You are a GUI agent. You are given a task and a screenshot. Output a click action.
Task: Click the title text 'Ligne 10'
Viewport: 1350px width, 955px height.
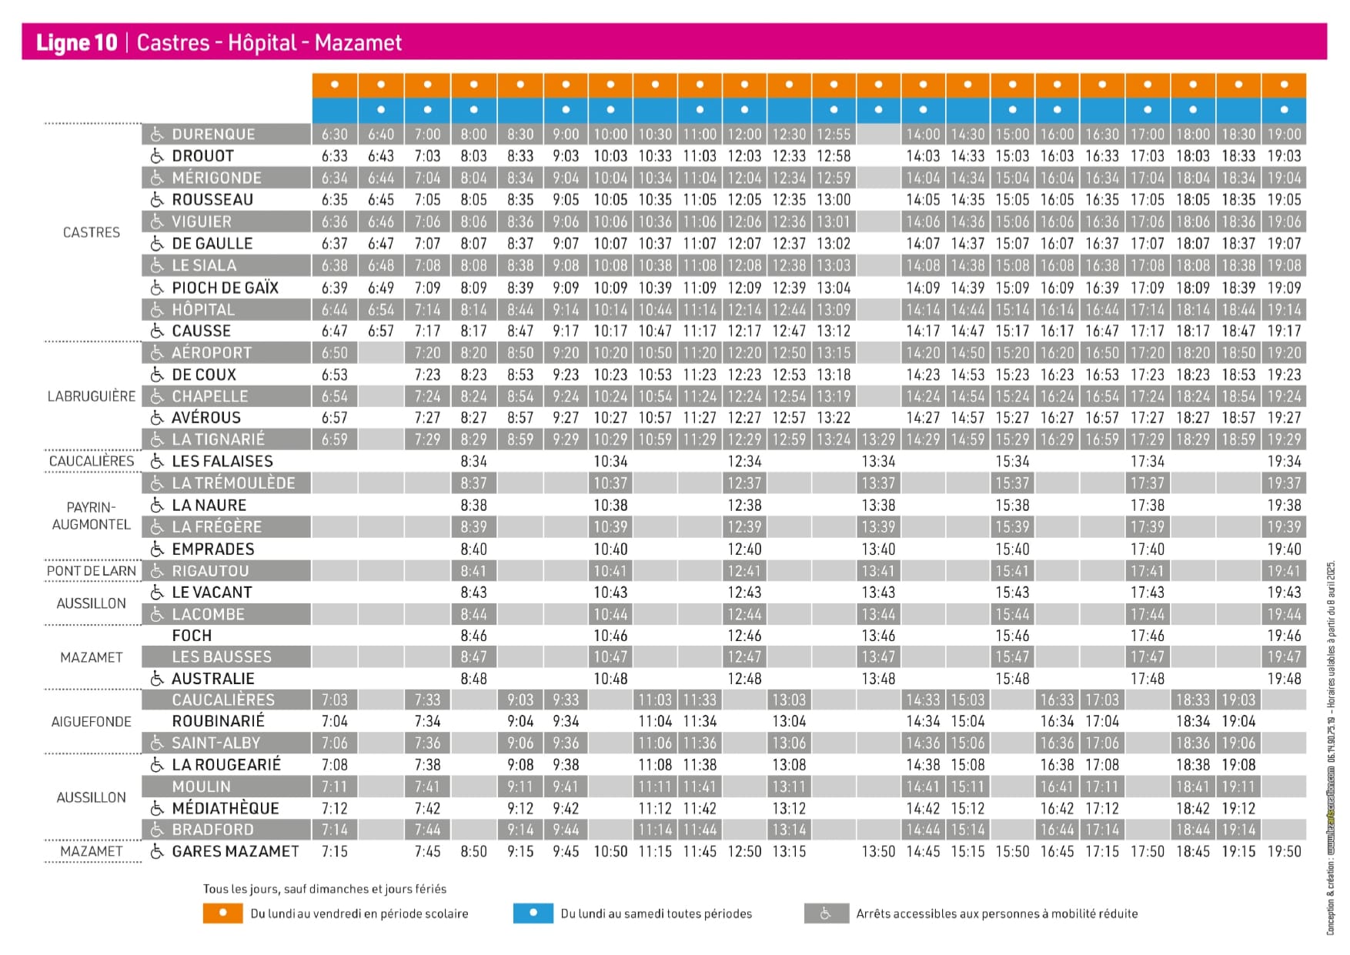point(76,42)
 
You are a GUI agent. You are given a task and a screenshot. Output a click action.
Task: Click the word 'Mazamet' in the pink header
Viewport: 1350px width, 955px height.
point(358,42)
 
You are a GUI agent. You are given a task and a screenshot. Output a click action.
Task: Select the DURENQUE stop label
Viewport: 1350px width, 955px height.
point(213,134)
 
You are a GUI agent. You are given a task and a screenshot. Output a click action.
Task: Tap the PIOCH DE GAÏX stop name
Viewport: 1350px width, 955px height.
point(225,288)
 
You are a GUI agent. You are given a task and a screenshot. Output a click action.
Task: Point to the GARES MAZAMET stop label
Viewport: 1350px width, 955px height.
point(235,851)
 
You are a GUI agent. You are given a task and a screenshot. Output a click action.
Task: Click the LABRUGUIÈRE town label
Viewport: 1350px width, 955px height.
point(91,396)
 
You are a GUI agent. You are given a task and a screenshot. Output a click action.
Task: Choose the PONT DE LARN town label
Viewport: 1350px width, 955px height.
point(91,571)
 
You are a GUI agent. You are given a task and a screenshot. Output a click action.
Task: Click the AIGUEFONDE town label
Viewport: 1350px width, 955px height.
point(91,722)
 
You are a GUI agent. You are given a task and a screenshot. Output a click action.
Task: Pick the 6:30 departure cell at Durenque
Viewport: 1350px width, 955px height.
point(335,134)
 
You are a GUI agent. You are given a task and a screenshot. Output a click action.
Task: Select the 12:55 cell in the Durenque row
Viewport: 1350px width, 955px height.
point(834,134)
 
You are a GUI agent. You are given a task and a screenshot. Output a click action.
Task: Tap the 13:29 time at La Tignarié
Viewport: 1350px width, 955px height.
point(878,439)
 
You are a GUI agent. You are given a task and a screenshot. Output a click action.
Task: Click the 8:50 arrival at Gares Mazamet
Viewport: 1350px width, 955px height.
point(473,852)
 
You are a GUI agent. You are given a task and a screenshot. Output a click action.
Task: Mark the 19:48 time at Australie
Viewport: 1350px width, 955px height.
point(1284,679)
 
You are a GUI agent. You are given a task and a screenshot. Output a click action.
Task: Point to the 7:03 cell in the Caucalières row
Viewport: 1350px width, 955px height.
point(335,700)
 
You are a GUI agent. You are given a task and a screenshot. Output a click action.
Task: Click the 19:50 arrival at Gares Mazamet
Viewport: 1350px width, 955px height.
point(1284,852)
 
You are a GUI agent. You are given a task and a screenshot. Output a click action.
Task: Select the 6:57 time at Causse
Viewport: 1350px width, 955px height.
point(381,331)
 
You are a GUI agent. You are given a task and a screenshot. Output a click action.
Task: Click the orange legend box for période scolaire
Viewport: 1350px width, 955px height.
point(222,913)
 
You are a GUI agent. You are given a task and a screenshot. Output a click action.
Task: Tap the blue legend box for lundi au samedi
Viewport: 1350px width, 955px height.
point(533,913)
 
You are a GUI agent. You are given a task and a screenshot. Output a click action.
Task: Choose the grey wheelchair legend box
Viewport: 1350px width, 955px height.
point(826,913)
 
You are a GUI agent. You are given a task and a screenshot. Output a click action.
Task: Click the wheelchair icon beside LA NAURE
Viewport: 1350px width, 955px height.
point(157,506)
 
